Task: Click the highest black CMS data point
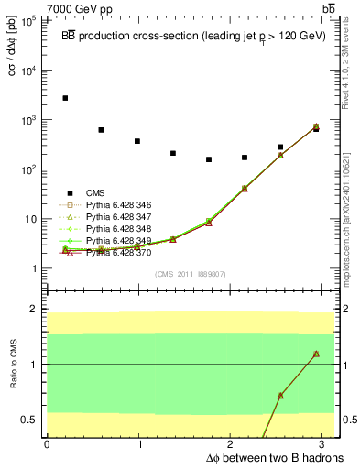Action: [65, 98]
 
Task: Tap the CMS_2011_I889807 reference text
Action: [191, 273]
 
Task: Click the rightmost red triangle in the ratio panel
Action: [316, 354]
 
